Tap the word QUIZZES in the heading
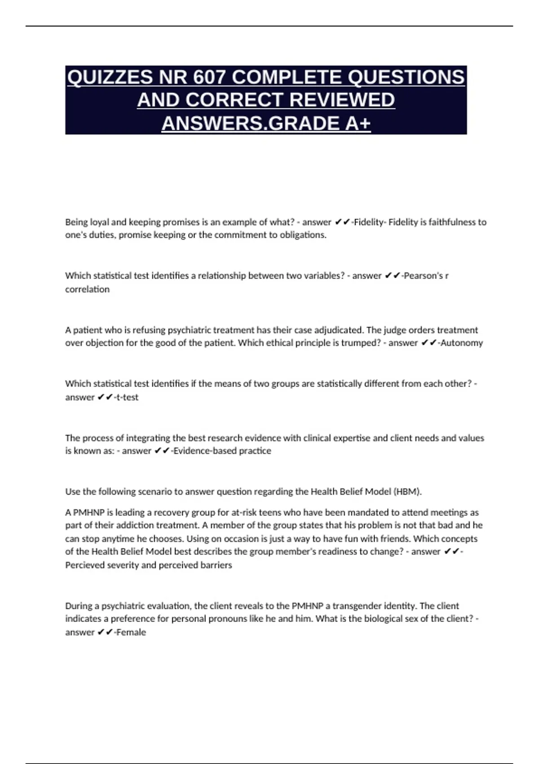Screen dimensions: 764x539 [110, 77]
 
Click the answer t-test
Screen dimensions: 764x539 [128, 397]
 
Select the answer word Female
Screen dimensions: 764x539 [131, 632]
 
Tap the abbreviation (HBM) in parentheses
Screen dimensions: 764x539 [407, 492]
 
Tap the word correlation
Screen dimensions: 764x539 [87, 289]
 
